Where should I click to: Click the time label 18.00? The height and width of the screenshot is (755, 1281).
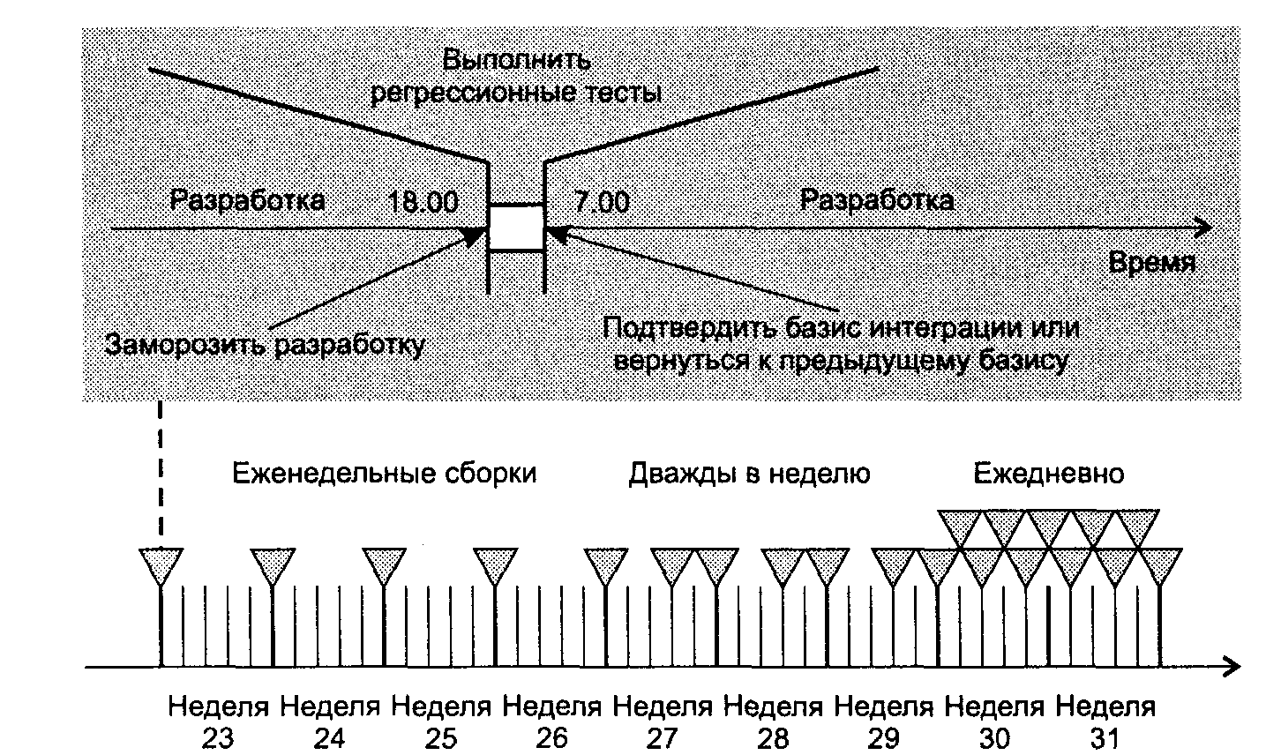[x=423, y=202]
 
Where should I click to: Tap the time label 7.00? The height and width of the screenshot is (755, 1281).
[x=601, y=202]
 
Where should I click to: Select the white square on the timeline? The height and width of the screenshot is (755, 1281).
[x=516, y=228]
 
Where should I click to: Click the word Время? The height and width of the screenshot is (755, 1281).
[x=1152, y=263]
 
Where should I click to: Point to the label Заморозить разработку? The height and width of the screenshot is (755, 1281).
[x=265, y=345]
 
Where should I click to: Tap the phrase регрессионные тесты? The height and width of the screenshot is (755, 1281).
[x=516, y=93]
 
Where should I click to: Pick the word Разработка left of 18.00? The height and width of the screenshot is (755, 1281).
[x=247, y=201]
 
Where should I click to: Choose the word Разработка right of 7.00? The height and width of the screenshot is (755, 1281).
[x=876, y=201]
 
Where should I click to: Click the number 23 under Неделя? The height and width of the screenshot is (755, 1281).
[x=218, y=739]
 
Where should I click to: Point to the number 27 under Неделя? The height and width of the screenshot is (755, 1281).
[x=663, y=739]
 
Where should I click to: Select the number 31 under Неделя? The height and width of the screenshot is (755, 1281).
[x=1105, y=739]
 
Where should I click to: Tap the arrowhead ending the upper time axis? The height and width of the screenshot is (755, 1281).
[x=1203, y=228]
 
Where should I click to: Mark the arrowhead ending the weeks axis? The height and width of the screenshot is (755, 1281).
[x=1231, y=667]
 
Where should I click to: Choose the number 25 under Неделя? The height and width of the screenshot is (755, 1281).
[x=441, y=739]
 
